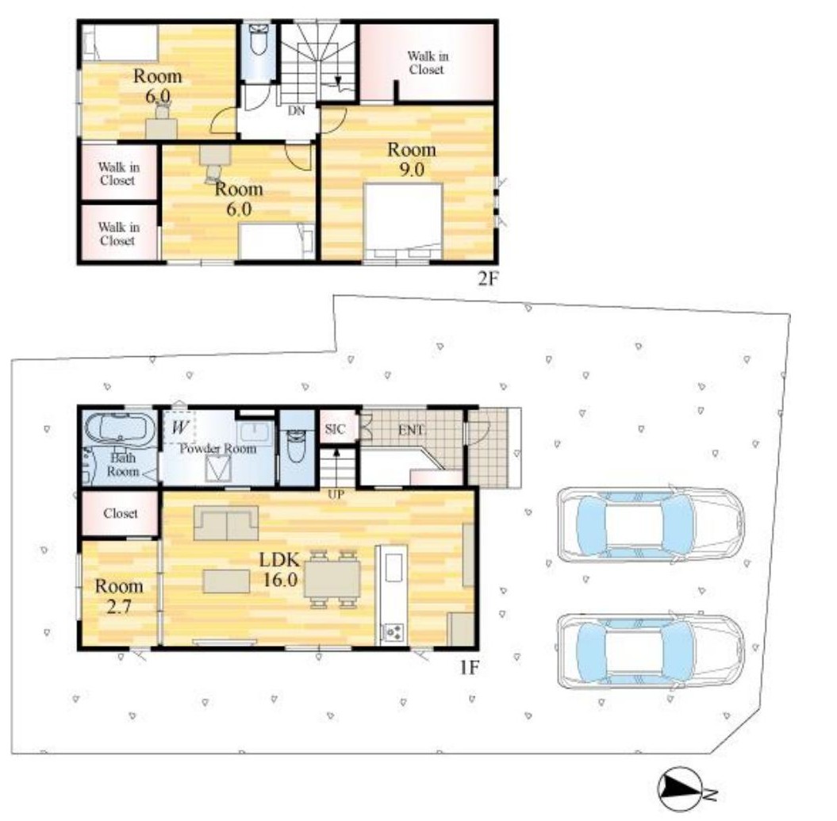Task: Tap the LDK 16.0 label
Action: (279, 570)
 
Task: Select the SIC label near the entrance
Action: (336, 429)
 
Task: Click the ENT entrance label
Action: (411, 430)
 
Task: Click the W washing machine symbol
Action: (181, 427)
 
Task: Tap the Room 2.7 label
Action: (119, 597)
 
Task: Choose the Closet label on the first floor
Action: (121, 513)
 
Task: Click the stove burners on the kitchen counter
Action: (394, 632)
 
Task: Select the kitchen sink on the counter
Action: (394, 567)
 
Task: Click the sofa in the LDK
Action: (226, 523)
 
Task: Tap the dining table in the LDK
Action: (332, 579)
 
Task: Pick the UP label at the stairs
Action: (336, 495)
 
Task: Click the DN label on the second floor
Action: (296, 110)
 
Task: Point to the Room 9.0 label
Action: (412, 159)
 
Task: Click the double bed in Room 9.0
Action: (403, 222)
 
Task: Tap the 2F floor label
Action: (488, 278)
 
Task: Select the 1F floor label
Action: (470, 667)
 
